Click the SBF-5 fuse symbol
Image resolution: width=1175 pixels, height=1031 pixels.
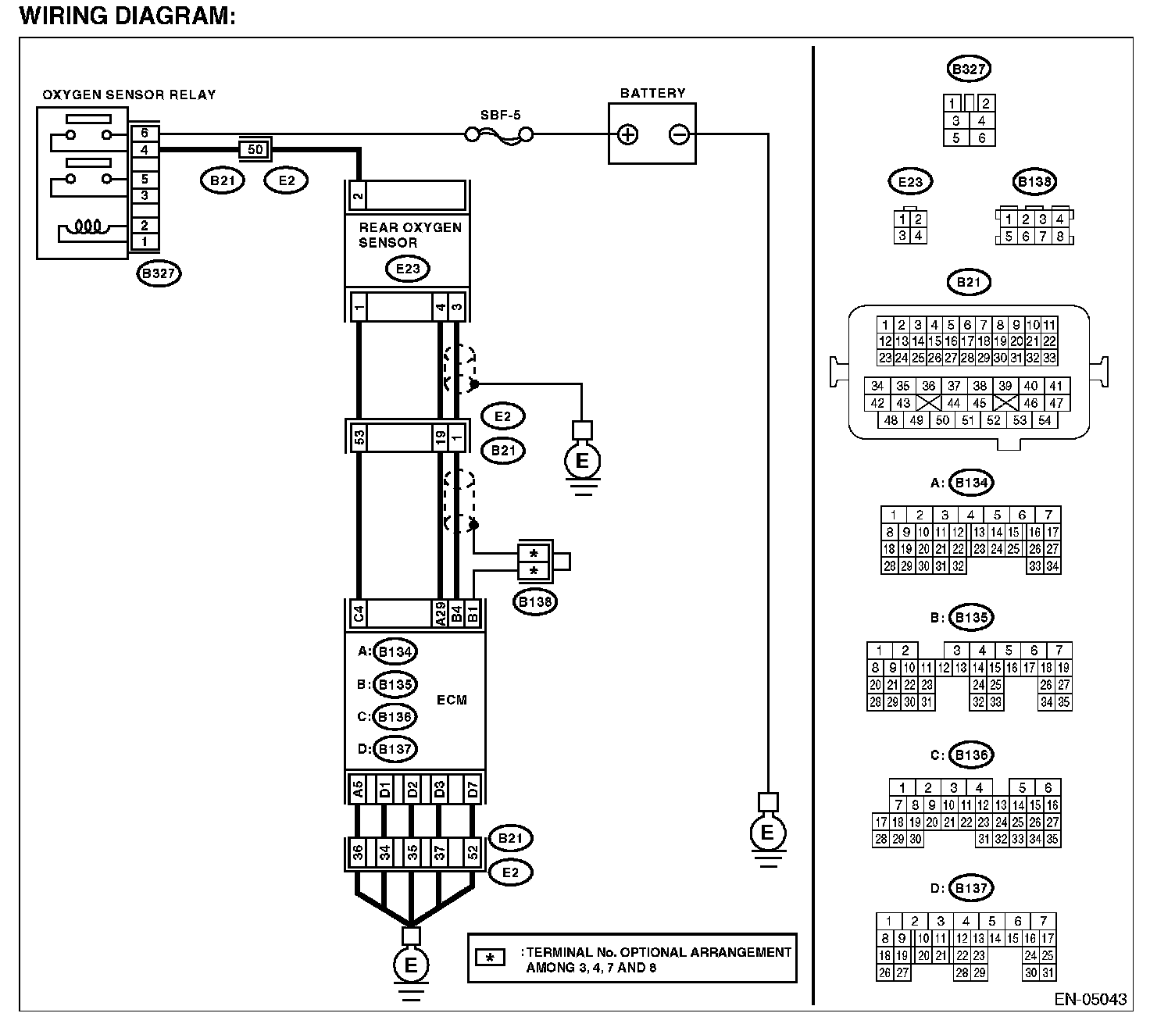point(498,136)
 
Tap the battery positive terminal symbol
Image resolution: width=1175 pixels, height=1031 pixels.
point(627,134)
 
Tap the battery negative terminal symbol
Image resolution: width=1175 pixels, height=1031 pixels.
point(679,134)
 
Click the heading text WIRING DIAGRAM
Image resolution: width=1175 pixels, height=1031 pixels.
point(127,16)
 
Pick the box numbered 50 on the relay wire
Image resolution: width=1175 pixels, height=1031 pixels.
point(255,150)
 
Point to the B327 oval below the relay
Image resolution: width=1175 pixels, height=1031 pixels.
point(159,273)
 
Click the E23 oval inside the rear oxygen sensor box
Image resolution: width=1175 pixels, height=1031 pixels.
point(408,269)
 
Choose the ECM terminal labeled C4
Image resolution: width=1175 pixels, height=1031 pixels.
point(359,613)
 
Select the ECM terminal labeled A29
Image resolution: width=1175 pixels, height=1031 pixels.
point(440,613)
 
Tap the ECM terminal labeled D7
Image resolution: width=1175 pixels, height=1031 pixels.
point(473,789)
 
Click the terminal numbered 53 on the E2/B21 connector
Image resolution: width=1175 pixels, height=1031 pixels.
point(359,437)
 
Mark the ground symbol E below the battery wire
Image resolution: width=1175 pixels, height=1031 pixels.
point(768,833)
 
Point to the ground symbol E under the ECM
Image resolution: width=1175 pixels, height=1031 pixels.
point(411,965)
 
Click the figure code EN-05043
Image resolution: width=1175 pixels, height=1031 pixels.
point(1091,999)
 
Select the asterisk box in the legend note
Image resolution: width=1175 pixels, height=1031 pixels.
point(490,958)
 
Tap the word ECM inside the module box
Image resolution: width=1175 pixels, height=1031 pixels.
point(452,700)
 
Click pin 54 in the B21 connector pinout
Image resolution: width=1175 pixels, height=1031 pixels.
point(1045,420)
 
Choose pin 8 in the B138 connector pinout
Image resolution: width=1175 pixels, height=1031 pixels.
point(1060,237)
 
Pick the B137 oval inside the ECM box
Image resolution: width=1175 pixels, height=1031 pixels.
point(395,748)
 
